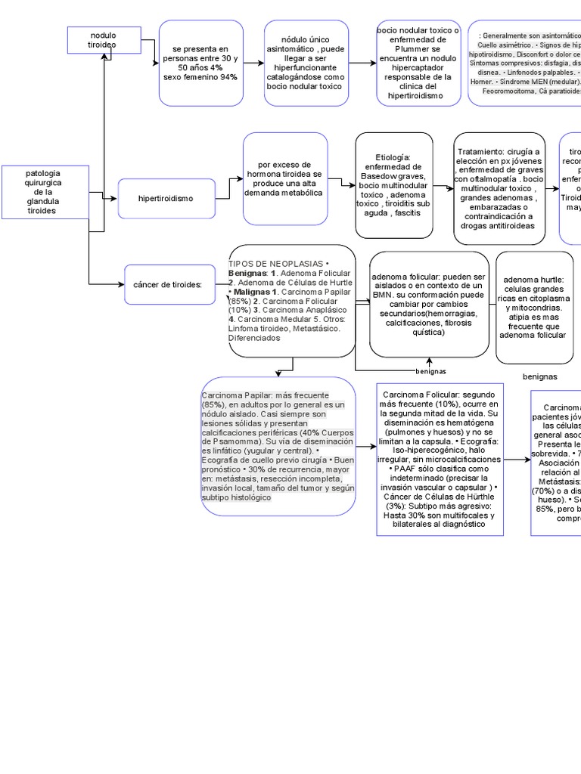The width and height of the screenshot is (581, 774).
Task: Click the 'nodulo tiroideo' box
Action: click(104, 40)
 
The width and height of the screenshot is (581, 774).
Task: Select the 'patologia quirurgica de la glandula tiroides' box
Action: click(43, 192)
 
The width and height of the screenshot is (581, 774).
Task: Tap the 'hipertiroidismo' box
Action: click(166, 199)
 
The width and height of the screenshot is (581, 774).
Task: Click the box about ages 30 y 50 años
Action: click(200, 63)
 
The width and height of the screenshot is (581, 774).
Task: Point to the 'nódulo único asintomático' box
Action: click(306, 63)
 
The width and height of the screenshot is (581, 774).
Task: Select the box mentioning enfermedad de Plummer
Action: click(418, 63)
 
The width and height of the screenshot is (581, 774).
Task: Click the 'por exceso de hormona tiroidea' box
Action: click(284, 179)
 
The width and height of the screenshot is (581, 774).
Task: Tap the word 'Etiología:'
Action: click(392, 156)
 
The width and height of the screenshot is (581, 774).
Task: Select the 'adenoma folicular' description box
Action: click(428, 304)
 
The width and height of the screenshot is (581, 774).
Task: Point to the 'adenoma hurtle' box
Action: click(533, 307)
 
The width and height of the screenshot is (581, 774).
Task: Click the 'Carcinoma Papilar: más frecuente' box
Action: click(278, 446)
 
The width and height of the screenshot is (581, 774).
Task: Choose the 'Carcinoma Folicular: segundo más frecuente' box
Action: click(440, 459)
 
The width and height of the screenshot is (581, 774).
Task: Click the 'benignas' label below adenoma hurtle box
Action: click(539, 376)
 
